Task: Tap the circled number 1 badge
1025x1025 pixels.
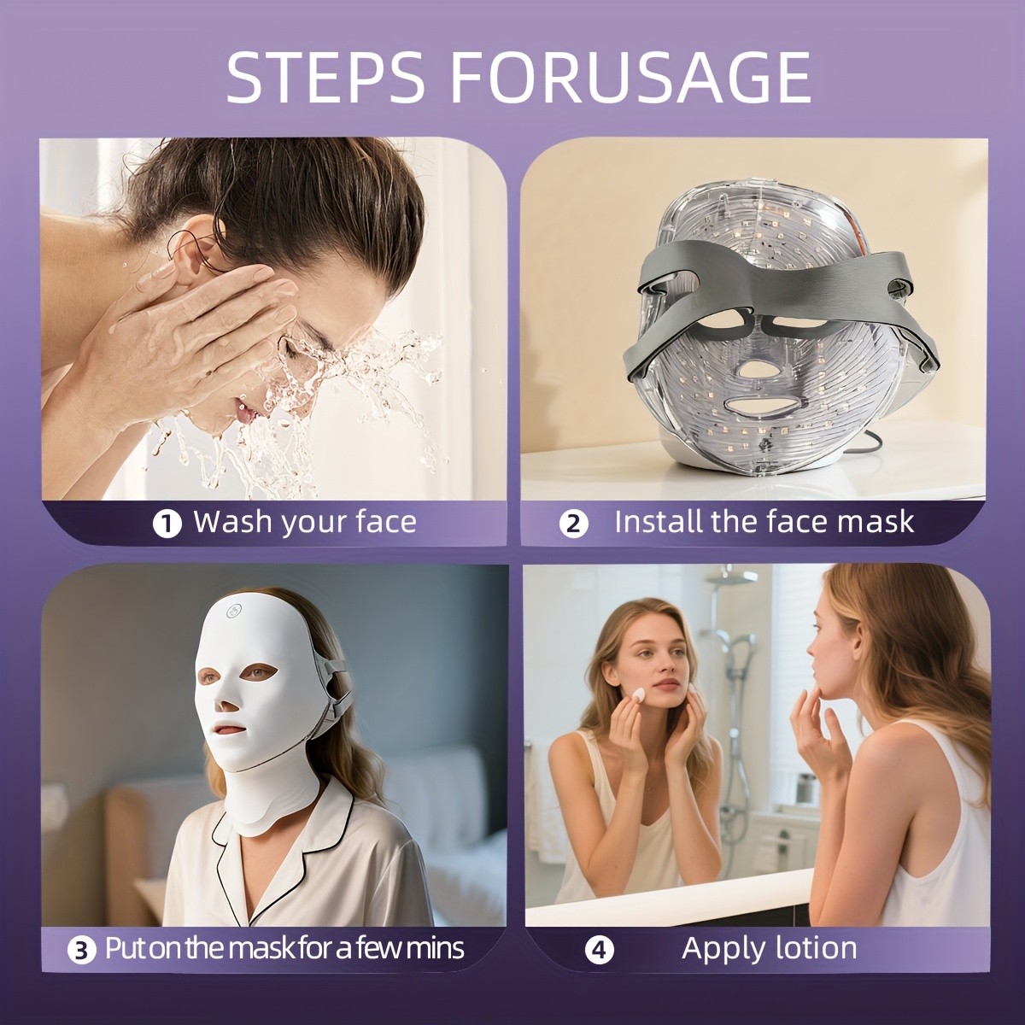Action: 167,524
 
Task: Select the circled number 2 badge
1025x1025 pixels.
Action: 574,524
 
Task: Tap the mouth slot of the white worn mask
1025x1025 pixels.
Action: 228,733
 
